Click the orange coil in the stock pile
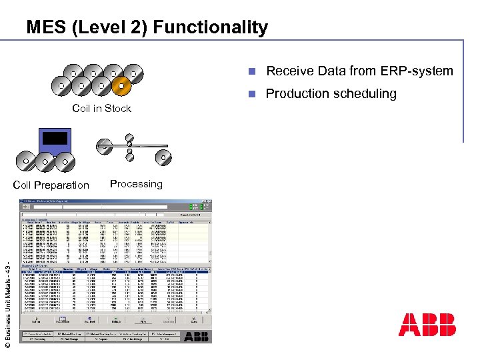click(x=121, y=85)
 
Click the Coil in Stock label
click(x=101, y=109)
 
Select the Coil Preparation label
click(x=51, y=185)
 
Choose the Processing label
click(x=136, y=184)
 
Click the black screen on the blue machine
click(x=55, y=138)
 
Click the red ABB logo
click(x=427, y=325)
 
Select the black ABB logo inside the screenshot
click(x=195, y=336)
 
